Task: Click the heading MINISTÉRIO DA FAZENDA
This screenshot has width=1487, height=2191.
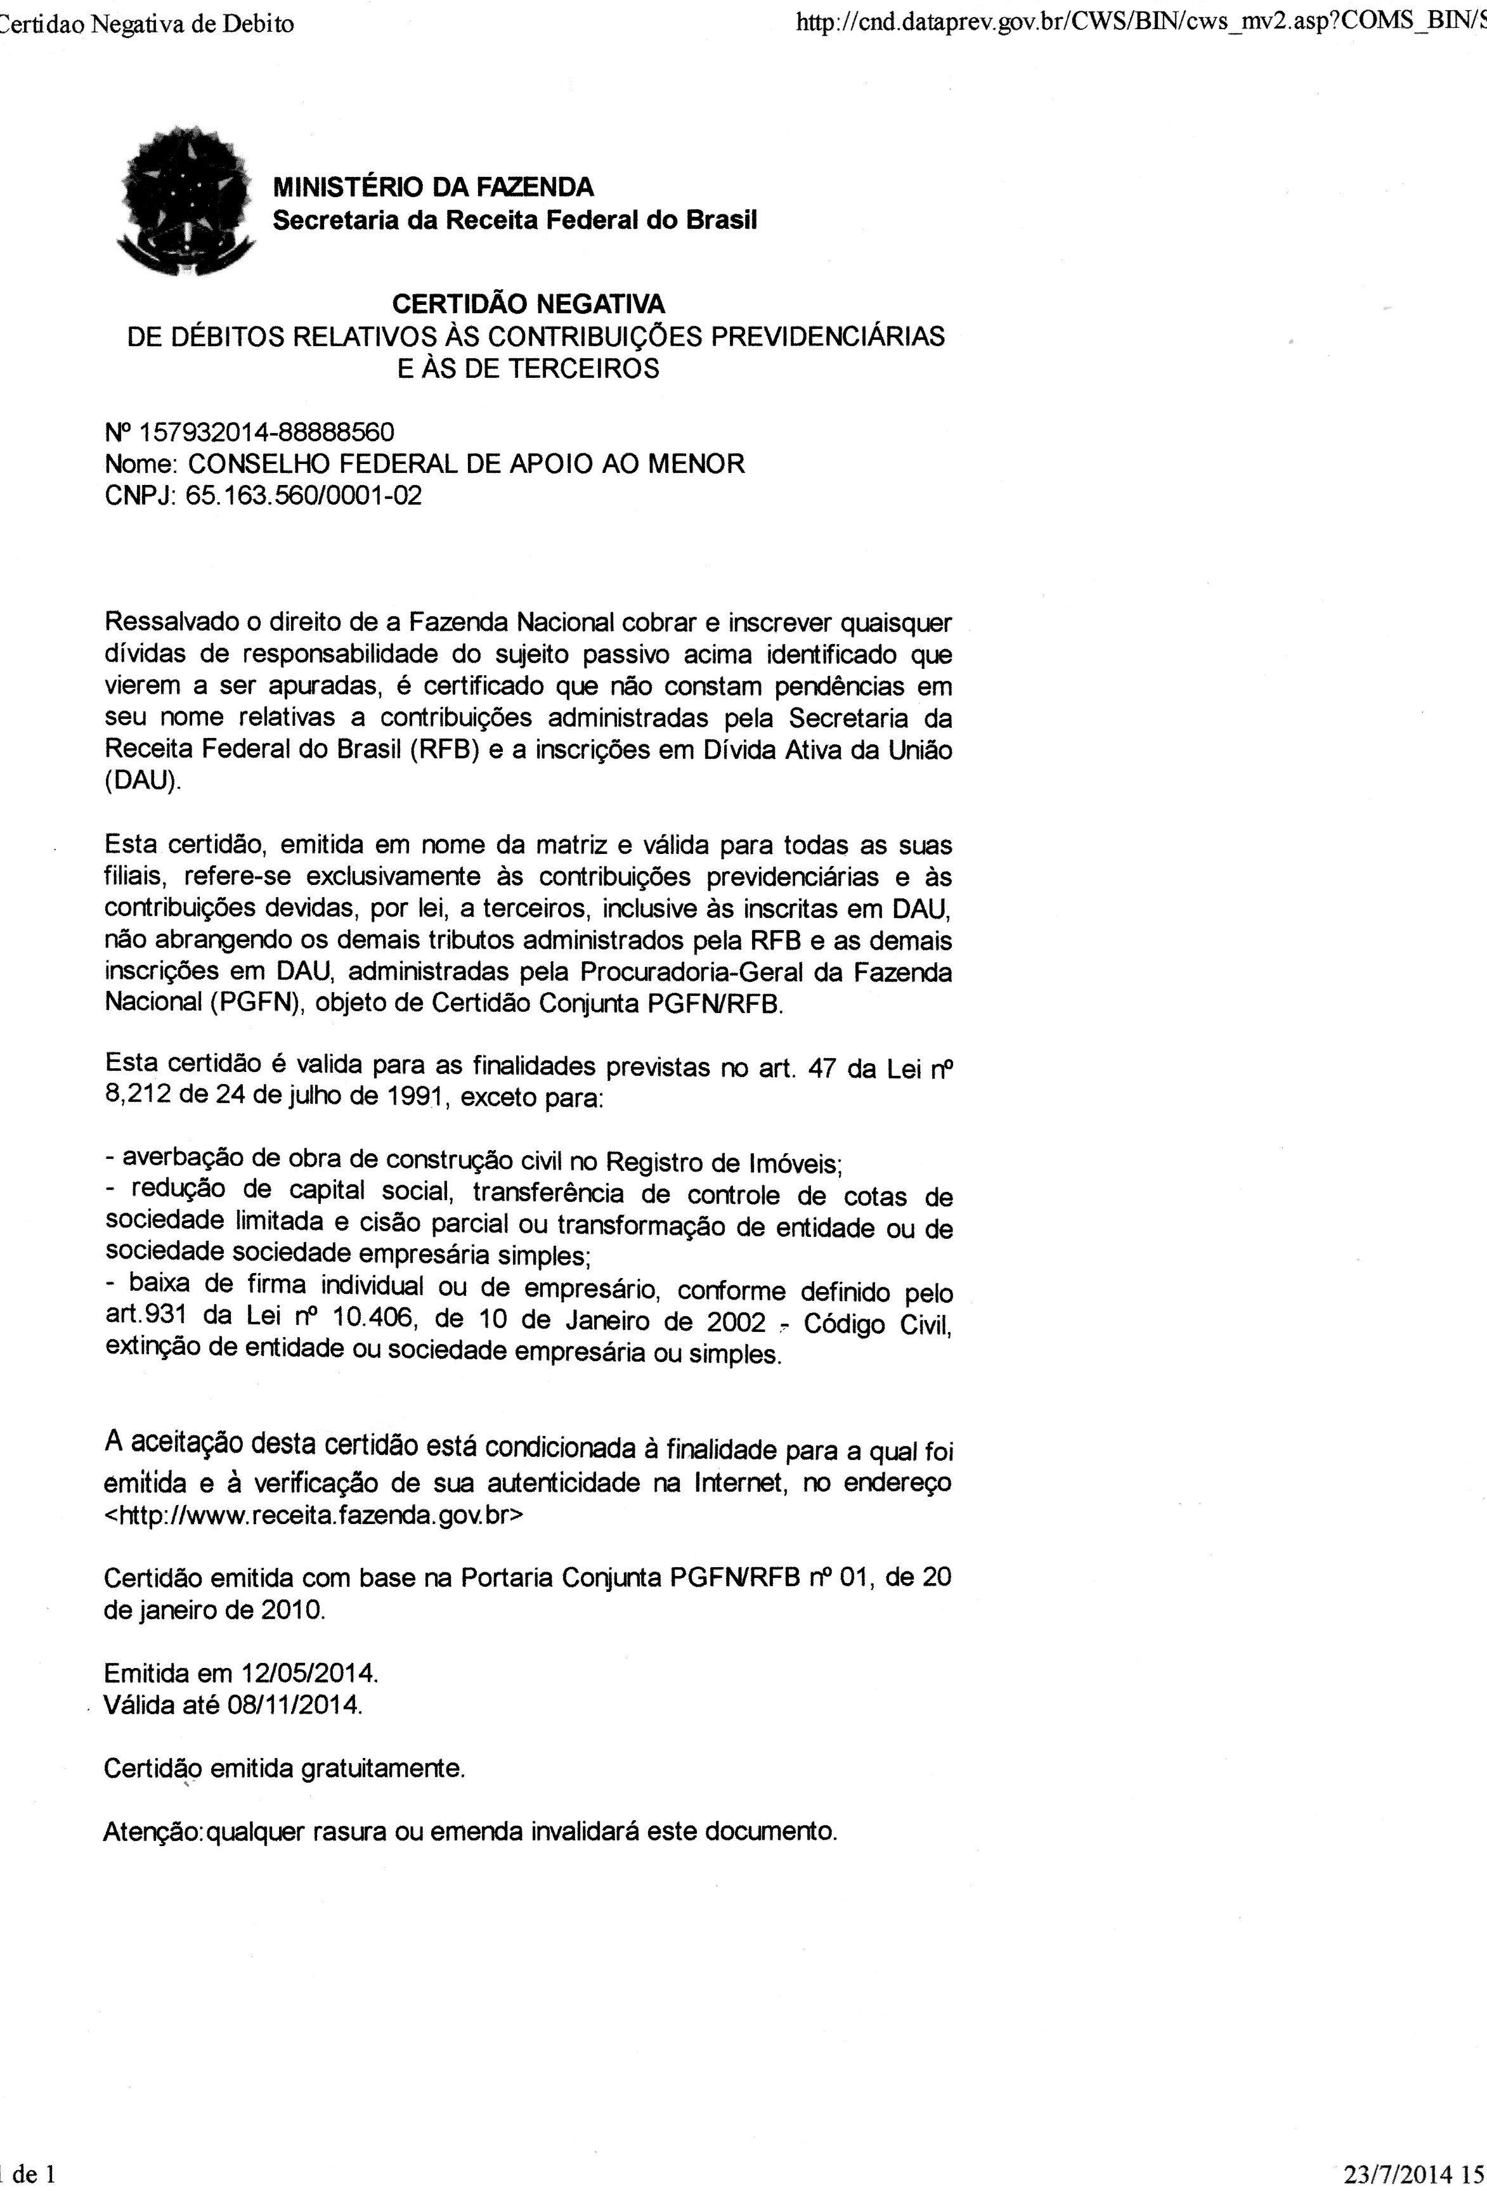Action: click(433, 186)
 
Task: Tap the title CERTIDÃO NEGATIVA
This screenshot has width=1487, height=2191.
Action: click(528, 304)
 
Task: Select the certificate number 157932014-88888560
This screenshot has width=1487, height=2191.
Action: click(267, 433)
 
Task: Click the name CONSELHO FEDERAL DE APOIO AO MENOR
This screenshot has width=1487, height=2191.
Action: click(467, 464)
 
